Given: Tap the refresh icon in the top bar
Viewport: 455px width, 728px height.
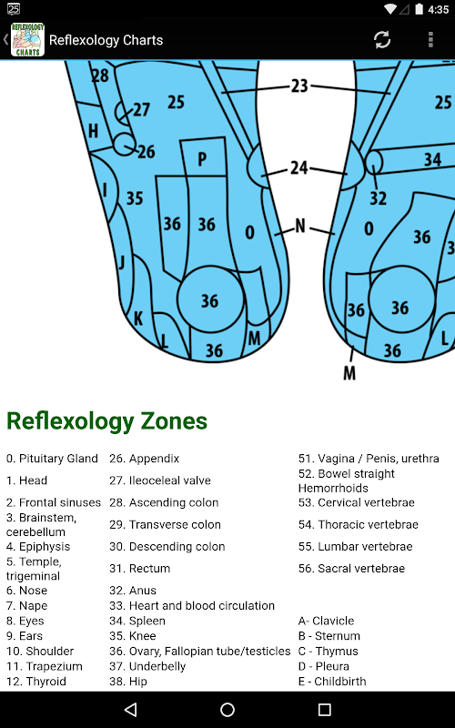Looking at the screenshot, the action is coord(382,40).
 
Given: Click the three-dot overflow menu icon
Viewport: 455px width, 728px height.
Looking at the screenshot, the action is coord(430,40).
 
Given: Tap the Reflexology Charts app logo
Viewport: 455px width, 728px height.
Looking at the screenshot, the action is coord(27,40).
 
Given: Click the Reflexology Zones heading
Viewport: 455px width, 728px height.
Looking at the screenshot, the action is coord(106,421).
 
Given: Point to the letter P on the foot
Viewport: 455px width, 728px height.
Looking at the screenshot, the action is coord(202,159).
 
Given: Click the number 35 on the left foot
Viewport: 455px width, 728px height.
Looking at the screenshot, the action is coord(135,198).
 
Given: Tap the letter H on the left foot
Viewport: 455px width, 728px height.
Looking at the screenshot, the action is coord(94,131).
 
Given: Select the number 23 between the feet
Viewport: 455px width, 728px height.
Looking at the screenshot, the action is coord(299,86).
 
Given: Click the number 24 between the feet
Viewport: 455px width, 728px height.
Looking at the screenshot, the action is coord(299,167).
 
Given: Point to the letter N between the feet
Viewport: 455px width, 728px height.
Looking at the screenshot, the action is coord(300,226).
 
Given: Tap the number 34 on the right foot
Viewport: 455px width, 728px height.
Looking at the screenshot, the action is coord(432,160).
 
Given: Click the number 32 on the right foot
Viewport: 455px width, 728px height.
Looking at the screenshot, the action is coord(378,198).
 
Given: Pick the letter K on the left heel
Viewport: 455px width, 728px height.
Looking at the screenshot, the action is coord(138,318).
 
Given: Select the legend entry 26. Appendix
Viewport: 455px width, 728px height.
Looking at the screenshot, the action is coord(145,459).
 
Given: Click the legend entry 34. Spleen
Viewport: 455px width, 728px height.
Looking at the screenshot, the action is coord(137,621).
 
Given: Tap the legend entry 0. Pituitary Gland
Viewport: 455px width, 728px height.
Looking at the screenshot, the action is coord(52,459).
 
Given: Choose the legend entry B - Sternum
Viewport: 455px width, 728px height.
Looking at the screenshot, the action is coord(329,636).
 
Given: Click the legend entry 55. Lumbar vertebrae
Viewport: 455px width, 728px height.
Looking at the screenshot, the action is coord(356,547).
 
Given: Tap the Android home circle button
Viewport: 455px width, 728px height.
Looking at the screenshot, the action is coord(227,710).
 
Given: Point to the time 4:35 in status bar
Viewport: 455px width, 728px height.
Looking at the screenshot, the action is coord(439,9).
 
